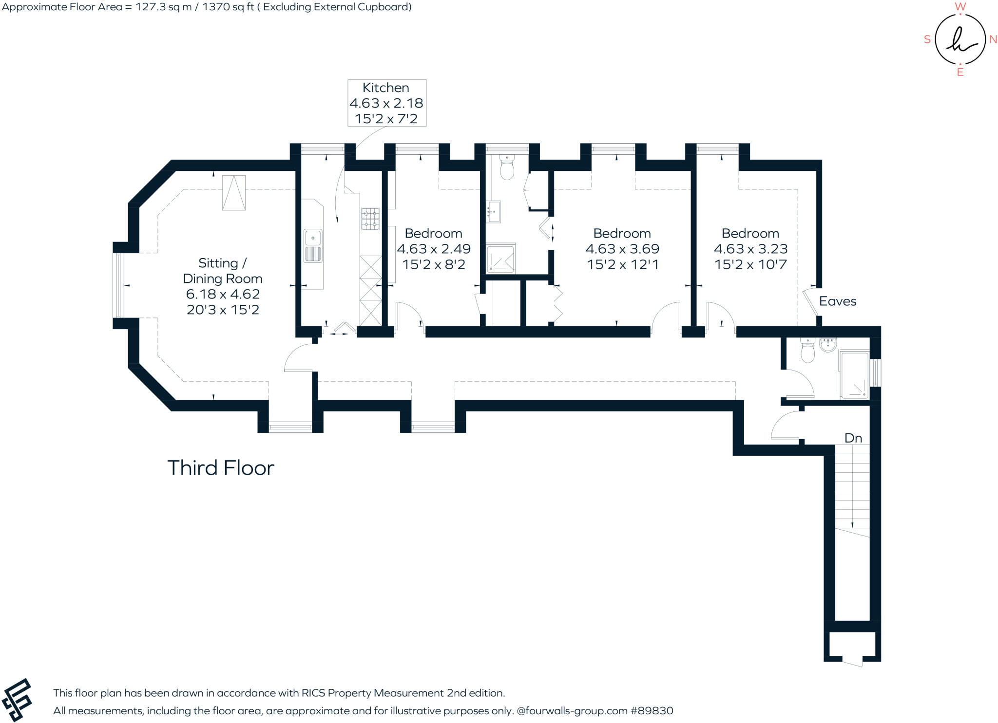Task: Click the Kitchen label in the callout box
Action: tap(385, 88)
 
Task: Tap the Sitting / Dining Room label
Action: tap(223, 271)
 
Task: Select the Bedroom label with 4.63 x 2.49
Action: tap(433, 233)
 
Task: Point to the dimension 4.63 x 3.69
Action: tap(622, 249)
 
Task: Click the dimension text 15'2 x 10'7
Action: tap(750, 264)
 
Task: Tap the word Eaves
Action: tap(837, 301)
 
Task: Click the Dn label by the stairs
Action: tap(853, 438)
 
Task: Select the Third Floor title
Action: tap(221, 468)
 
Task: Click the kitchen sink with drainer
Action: tap(312, 246)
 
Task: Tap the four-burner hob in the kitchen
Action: tap(370, 219)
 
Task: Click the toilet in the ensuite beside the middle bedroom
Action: tap(507, 168)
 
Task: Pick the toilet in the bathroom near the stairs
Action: tap(807, 352)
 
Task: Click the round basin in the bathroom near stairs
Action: tap(827, 345)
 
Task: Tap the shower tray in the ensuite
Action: tap(500, 259)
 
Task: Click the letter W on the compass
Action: tap(960, 7)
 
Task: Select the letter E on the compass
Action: tap(960, 73)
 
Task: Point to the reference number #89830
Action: tap(652, 711)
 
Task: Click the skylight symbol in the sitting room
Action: tap(233, 193)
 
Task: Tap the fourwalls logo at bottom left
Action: tap(17, 700)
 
